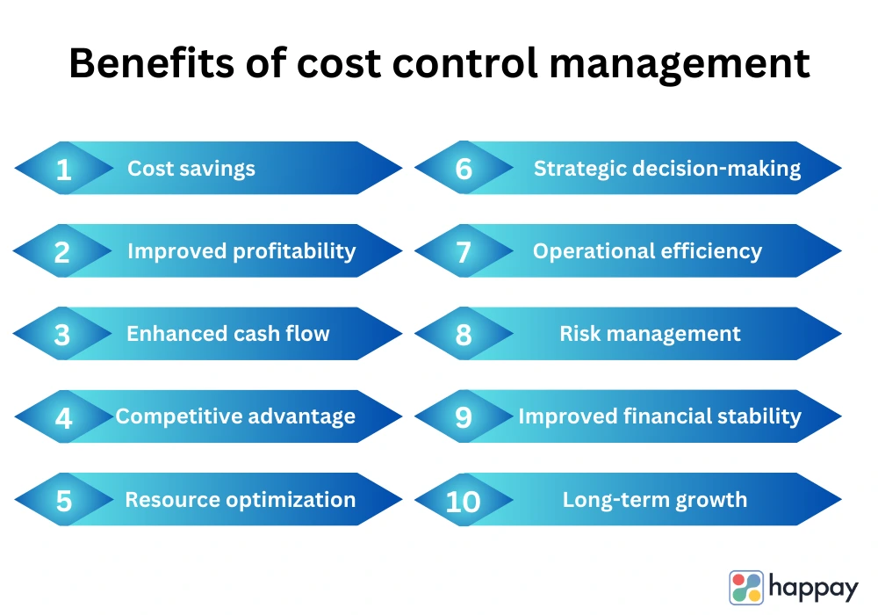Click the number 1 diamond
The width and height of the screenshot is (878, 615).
coord(64,168)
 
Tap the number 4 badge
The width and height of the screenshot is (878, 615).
coord(64,416)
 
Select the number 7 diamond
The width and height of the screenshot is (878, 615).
coord(464,251)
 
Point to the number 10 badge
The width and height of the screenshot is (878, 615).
coord(464,500)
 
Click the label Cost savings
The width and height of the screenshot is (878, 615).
coord(191,169)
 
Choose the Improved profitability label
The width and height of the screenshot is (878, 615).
coord(241,251)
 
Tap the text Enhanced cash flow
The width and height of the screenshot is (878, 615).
coord(228,333)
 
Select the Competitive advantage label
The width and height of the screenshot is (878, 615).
coord(235,416)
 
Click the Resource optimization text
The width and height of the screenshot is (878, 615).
coord(241,500)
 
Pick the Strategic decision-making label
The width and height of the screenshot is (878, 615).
coord(667,169)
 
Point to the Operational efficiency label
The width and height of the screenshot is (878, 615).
coord(647,251)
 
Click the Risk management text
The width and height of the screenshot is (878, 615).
coord(650,334)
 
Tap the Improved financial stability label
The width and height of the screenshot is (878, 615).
coord(659,416)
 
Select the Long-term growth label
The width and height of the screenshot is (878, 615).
coord(655,500)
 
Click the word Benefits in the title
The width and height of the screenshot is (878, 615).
coord(151,62)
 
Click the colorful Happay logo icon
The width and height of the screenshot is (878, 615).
coord(745,588)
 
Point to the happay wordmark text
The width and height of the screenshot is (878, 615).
coord(813,588)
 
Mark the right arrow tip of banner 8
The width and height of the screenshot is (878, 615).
coord(841,334)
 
